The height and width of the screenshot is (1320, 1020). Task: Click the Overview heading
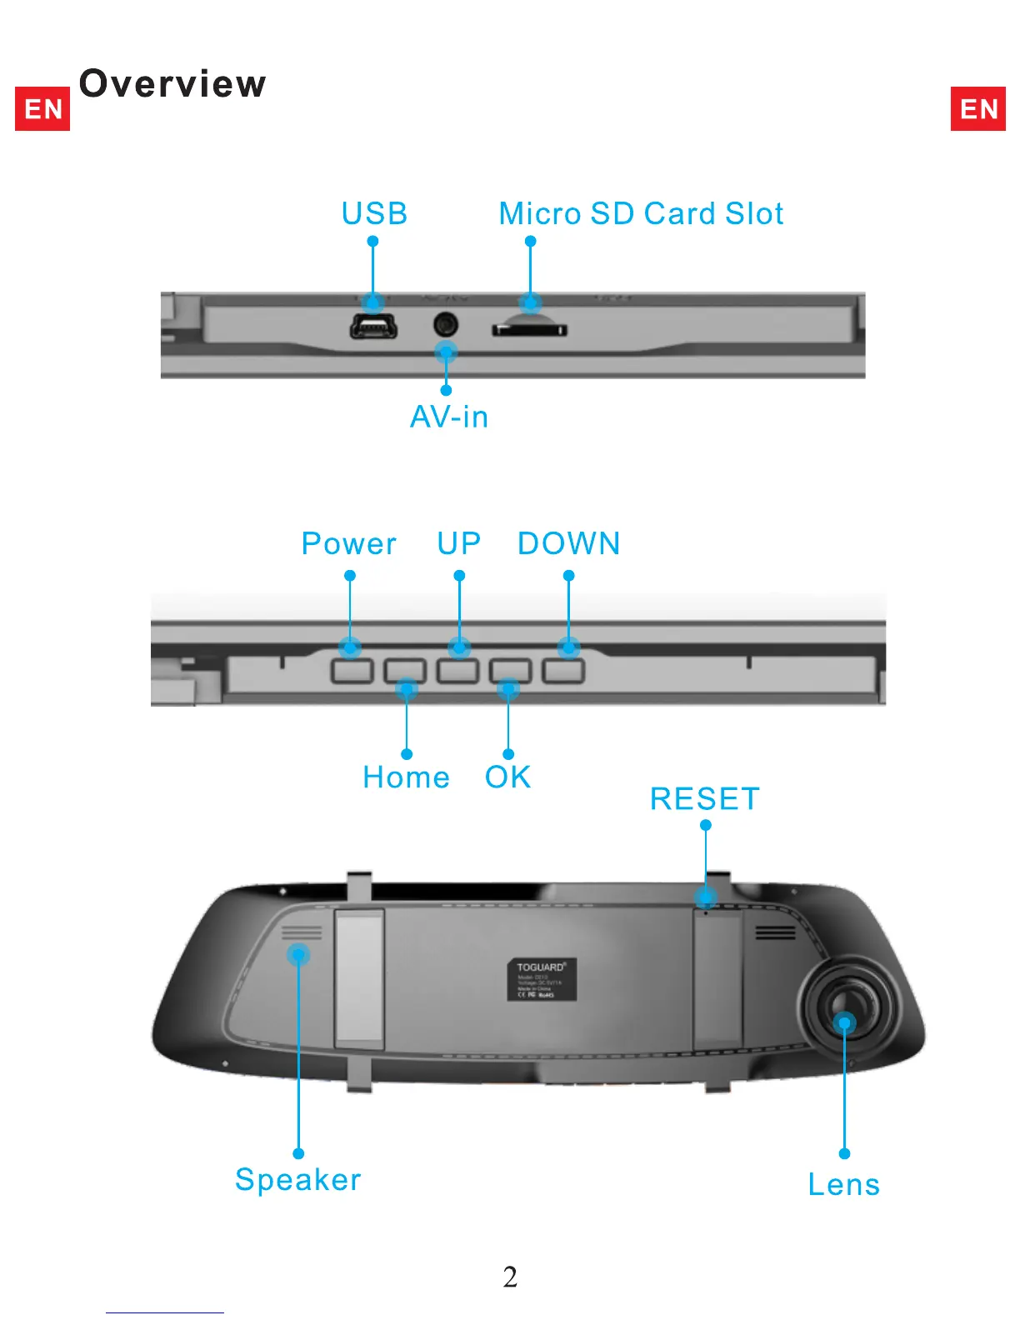click(x=172, y=83)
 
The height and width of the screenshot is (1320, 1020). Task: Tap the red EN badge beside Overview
click(x=42, y=108)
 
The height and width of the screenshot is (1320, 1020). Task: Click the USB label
click(x=374, y=214)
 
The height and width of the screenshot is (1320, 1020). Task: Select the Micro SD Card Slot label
click(x=641, y=214)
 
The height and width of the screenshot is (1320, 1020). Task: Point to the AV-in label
click(x=449, y=417)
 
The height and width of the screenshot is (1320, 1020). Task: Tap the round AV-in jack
click(x=446, y=323)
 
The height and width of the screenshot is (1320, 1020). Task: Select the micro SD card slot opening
click(x=530, y=329)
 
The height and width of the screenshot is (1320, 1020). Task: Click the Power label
click(x=349, y=544)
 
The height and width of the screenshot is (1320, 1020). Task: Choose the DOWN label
click(x=569, y=544)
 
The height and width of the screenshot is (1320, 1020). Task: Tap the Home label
click(x=407, y=777)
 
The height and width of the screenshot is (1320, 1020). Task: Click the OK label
click(x=508, y=777)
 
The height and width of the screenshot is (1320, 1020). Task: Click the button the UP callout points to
click(x=458, y=671)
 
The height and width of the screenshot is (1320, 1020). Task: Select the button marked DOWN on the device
click(x=563, y=671)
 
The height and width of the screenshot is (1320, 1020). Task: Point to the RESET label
click(x=705, y=799)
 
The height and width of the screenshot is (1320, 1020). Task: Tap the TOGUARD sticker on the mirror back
click(x=542, y=980)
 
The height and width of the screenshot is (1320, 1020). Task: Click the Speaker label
click(x=298, y=1180)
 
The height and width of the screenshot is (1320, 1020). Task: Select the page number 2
click(x=510, y=1277)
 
